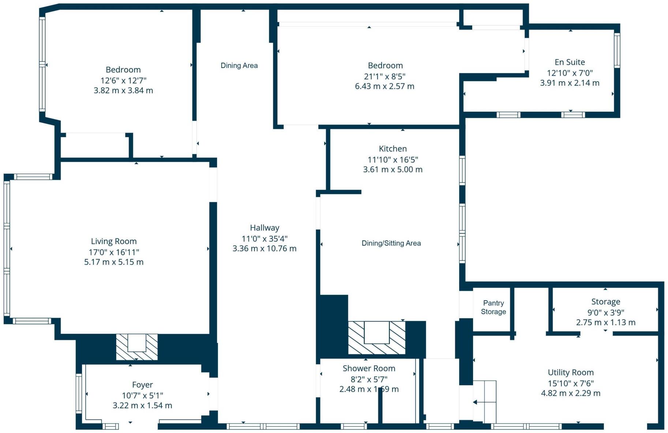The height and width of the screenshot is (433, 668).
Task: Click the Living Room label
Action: pyautogui.click(x=113, y=241)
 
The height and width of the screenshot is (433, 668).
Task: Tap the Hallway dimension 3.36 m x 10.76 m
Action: pyautogui.click(x=264, y=249)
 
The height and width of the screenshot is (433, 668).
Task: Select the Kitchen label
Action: pyautogui.click(x=393, y=149)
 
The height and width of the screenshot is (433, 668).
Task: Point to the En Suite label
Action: pyautogui.click(x=570, y=62)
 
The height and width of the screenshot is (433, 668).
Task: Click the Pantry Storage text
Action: pyautogui.click(x=493, y=307)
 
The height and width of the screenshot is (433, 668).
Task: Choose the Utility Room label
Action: pyautogui.click(x=570, y=373)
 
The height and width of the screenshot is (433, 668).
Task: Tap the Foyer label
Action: pyautogui.click(x=142, y=385)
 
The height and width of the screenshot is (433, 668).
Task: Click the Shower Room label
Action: pyautogui.click(x=369, y=369)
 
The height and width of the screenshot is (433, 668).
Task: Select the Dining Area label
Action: pyautogui.click(x=239, y=65)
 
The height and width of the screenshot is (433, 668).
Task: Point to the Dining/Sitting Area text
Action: pyautogui.click(x=391, y=243)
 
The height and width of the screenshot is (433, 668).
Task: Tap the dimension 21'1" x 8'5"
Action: pyautogui.click(x=384, y=76)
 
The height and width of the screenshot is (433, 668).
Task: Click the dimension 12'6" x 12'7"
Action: pyautogui.click(x=123, y=80)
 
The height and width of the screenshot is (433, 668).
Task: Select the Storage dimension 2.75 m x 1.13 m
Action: pyautogui.click(x=605, y=323)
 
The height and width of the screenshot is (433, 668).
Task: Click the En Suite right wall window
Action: pyautogui.click(x=617, y=50)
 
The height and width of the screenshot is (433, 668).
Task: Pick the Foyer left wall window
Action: pyautogui.click(x=79, y=393)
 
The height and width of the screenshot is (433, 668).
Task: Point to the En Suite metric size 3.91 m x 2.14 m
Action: pyautogui.click(x=570, y=83)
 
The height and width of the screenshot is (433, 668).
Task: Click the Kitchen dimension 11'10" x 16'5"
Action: pyautogui.click(x=393, y=160)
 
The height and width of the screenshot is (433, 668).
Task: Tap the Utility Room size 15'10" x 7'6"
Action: pyautogui.click(x=570, y=383)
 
